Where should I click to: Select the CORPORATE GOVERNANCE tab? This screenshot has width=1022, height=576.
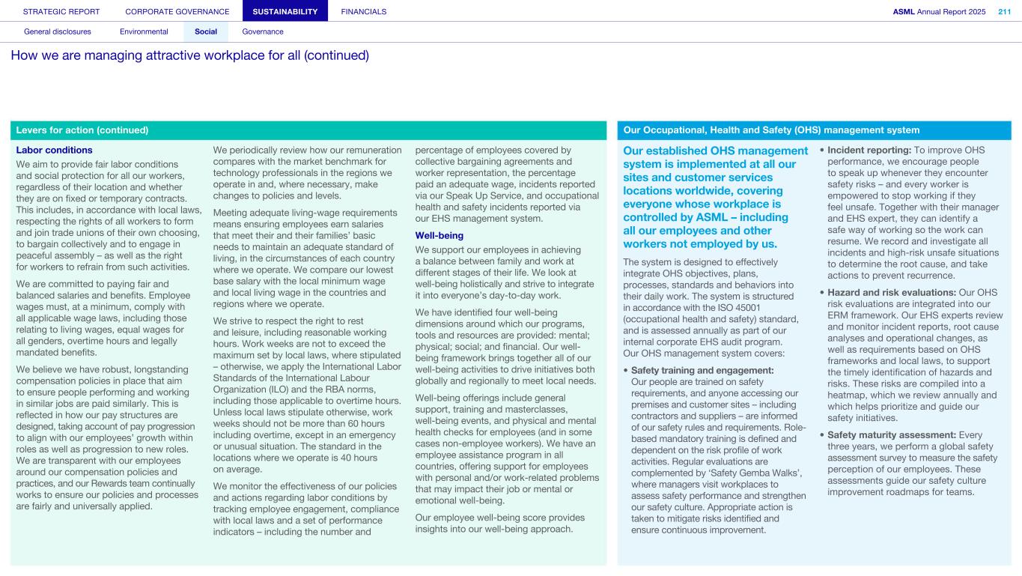click(177, 11)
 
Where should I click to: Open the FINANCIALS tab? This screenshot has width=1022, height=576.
click(364, 11)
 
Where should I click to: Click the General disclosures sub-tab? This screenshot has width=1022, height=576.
click(58, 31)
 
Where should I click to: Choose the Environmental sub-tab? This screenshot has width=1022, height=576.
click(144, 31)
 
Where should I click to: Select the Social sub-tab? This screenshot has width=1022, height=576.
click(206, 31)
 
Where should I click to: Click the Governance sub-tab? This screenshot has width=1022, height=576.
click(263, 31)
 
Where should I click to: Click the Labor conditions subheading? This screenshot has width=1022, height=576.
click(54, 150)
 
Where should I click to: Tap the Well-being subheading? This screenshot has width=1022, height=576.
click(439, 235)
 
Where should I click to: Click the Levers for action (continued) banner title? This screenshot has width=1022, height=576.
click(82, 130)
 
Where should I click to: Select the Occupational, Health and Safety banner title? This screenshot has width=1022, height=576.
click(771, 130)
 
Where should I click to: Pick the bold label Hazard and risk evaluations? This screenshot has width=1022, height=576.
click(890, 292)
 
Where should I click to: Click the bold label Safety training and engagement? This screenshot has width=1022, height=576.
click(702, 370)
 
